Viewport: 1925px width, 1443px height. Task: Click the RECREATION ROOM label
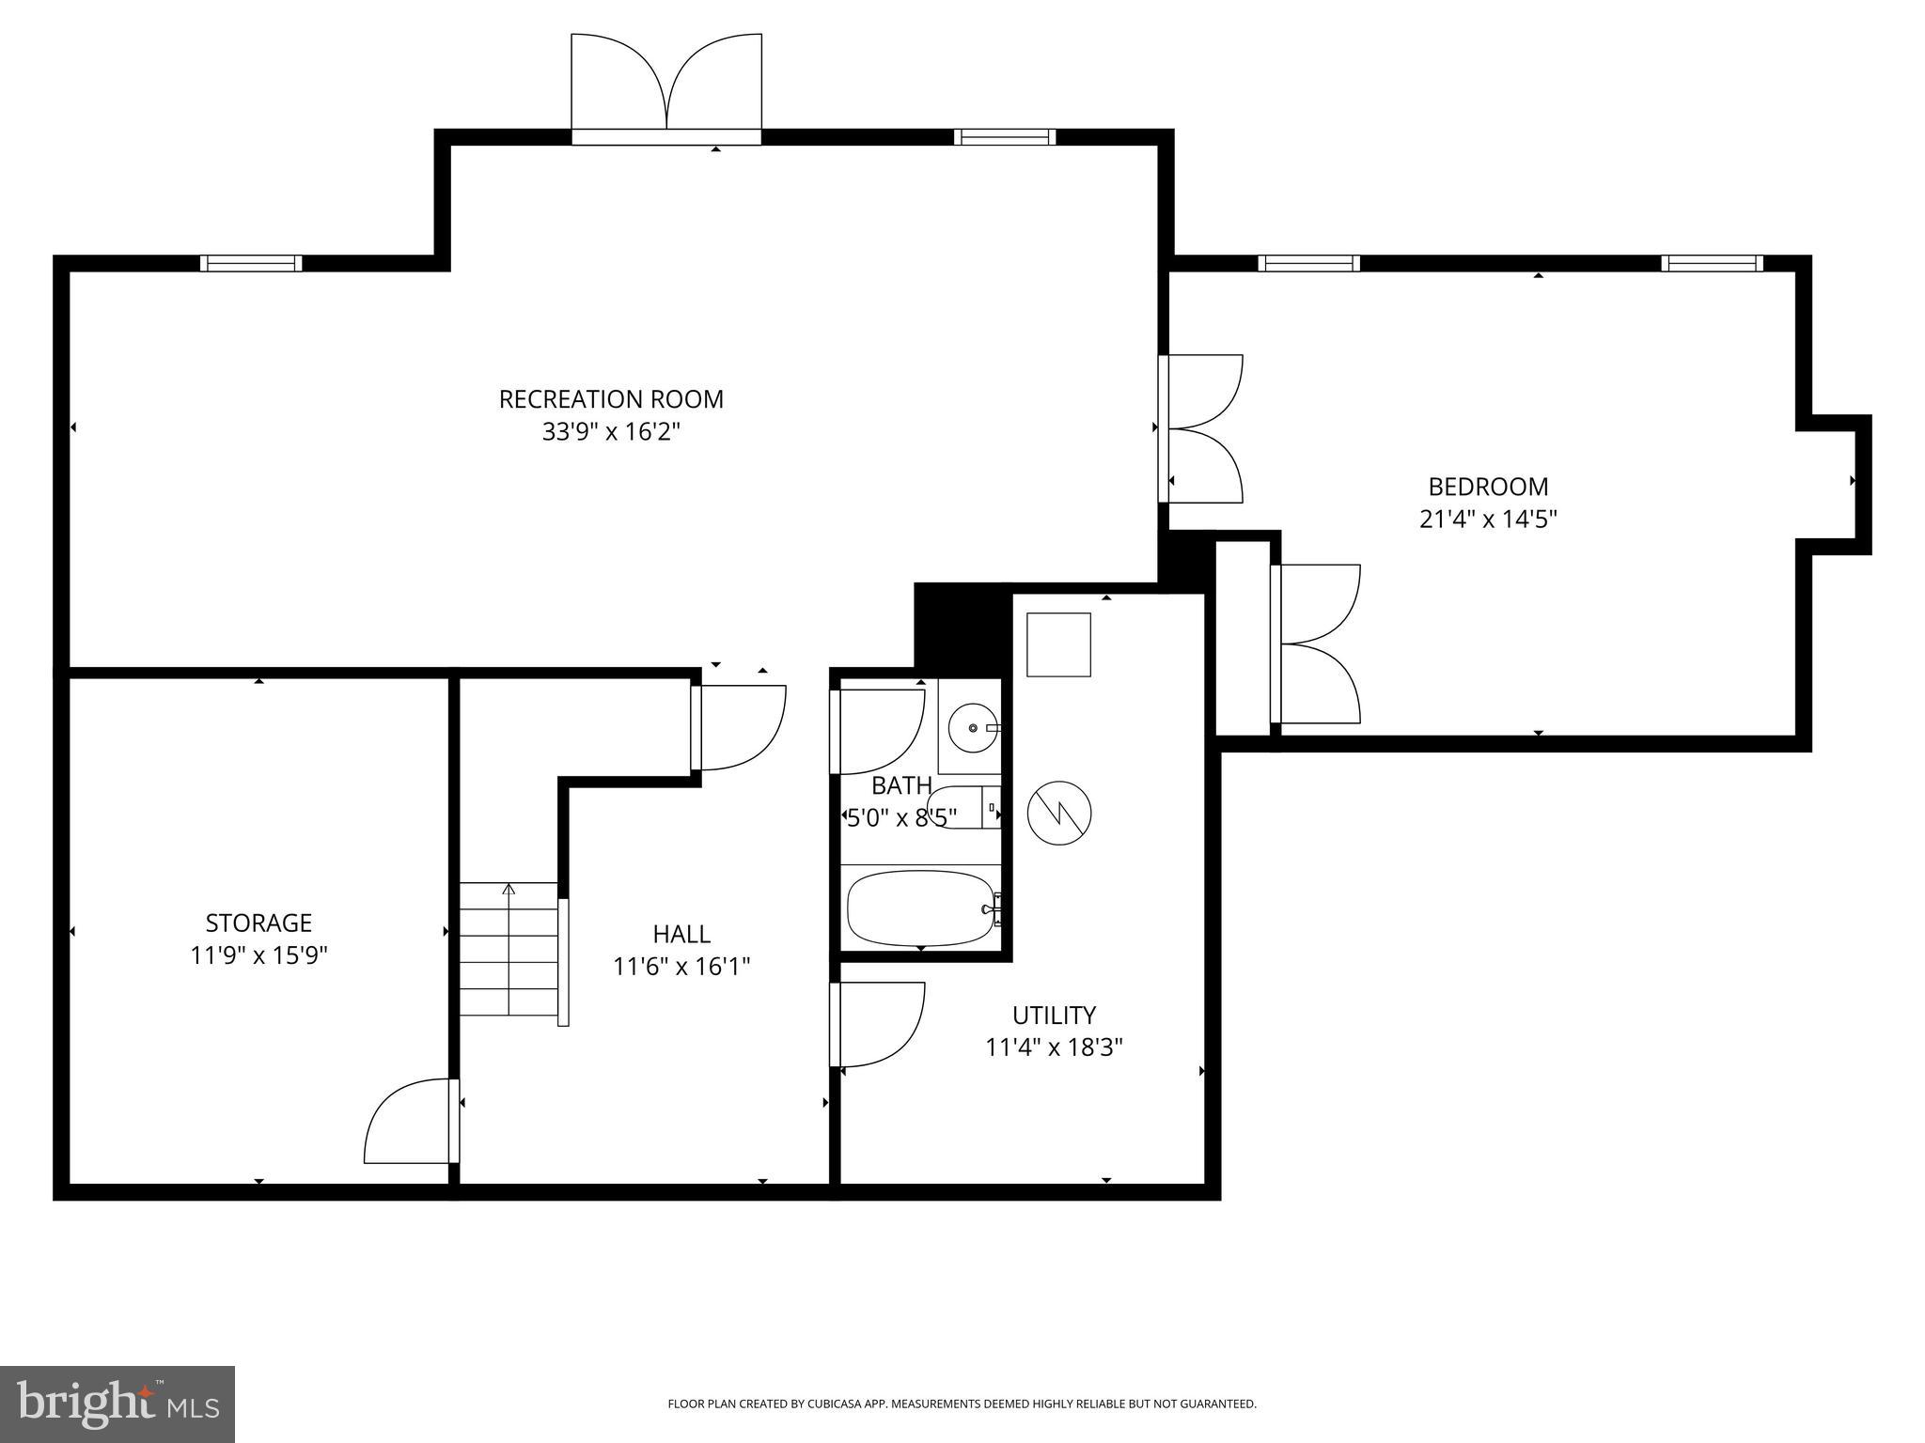click(611, 399)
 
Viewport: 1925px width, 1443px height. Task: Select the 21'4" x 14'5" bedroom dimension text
click(1488, 520)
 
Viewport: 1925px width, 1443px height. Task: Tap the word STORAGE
click(258, 923)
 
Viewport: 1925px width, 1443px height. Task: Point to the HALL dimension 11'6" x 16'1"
click(681, 967)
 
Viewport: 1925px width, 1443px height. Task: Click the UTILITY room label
click(1054, 1016)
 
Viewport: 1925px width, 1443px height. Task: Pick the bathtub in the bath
click(920, 908)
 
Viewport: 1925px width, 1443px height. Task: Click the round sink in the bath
click(972, 727)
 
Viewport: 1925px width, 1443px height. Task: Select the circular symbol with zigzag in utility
click(1059, 813)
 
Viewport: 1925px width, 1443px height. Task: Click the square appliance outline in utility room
click(1058, 644)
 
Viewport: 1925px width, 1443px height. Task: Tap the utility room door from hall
click(878, 1025)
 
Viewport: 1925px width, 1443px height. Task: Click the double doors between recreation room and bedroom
click(1202, 428)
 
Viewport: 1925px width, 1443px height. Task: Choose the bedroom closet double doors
click(1316, 644)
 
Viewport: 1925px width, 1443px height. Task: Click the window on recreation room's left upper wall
click(251, 263)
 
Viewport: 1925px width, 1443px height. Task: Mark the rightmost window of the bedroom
click(1712, 263)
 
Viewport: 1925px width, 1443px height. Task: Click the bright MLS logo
click(117, 1404)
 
